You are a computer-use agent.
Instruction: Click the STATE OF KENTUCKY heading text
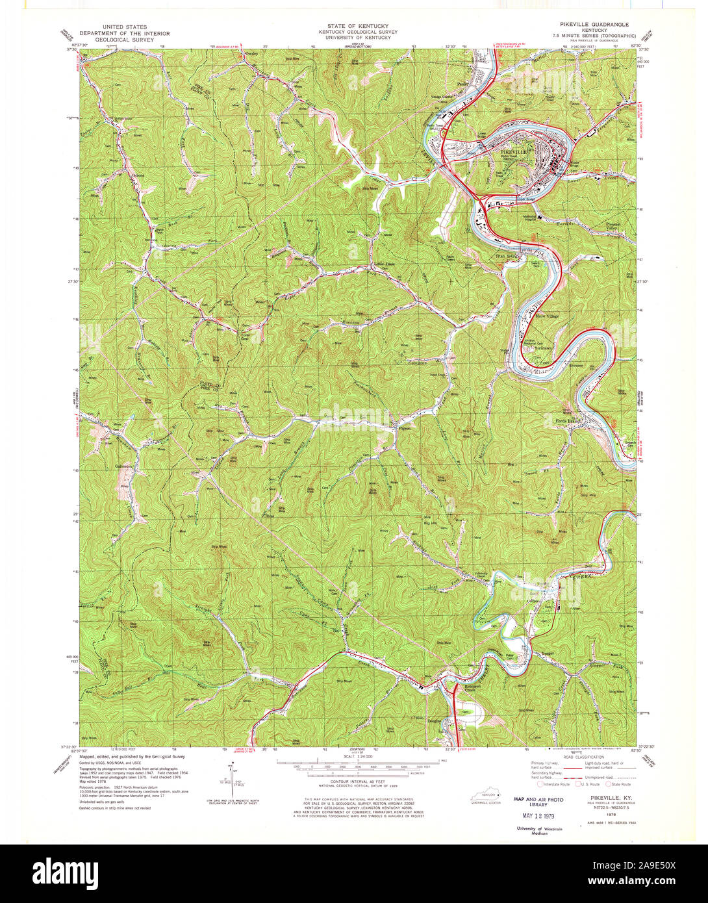point(354,26)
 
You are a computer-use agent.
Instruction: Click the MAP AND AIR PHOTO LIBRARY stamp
point(537,801)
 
